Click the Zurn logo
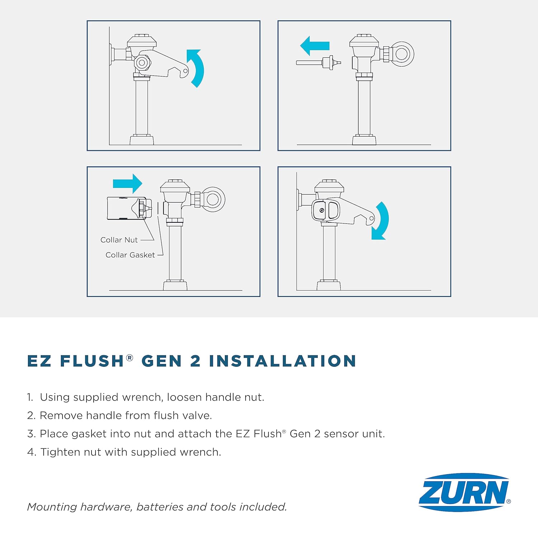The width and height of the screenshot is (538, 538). (x=464, y=492)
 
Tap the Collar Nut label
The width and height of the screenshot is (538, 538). (x=119, y=240)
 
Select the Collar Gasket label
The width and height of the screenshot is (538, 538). (x=130, y=255)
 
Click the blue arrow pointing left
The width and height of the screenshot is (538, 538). (x=315, y=46)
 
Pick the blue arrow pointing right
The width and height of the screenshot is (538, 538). (x=128, y=184)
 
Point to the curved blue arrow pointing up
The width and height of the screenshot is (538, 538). (x=196, y=67)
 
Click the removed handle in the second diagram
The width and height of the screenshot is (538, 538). (x=318, y=62)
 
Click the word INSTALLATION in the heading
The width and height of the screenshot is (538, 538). (x=282, y=361)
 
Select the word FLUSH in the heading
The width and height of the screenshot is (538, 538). (x=92, y=361)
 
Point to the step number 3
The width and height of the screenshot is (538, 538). (x=31, y=434)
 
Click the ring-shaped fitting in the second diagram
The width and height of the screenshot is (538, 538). (x=401, y=54)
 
